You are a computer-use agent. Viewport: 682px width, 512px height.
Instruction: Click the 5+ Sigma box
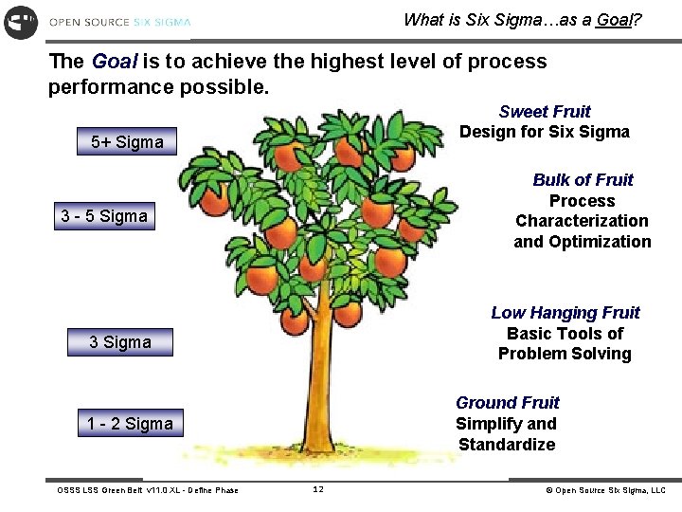click(x=127, y=142)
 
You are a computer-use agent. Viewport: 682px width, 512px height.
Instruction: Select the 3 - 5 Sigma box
click(x=104, y=216)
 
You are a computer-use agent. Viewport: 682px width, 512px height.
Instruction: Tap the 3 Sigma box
click(x=120, y=342)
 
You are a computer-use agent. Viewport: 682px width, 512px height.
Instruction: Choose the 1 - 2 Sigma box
click(x=131, y=424)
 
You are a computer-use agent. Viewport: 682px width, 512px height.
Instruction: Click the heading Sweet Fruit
click(x=545, y=112)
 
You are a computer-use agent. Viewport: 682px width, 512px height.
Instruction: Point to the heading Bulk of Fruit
click(x=583, y=180)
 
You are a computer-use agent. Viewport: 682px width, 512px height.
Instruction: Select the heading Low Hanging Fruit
click(x=565, y=313)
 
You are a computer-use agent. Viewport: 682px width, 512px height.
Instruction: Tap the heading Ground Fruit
click(x=508, y=403)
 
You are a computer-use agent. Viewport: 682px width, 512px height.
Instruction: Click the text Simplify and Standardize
click(x=507, y=434)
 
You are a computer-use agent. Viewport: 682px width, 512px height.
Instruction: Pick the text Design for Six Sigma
click(x=545, y=132)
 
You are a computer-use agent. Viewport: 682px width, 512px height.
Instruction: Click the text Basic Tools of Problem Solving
click(x=565, y=343)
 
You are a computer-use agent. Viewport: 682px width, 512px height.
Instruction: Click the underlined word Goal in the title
click(x=614, y=19)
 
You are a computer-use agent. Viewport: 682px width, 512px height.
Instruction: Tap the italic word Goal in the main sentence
click(x=115, y=62)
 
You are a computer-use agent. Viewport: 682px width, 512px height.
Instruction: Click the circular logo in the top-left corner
click(x=21, y=21)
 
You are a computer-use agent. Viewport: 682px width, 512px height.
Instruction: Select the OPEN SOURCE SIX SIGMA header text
click(x=119, y=22)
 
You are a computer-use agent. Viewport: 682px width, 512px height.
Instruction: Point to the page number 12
click(x=318, y=489)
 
